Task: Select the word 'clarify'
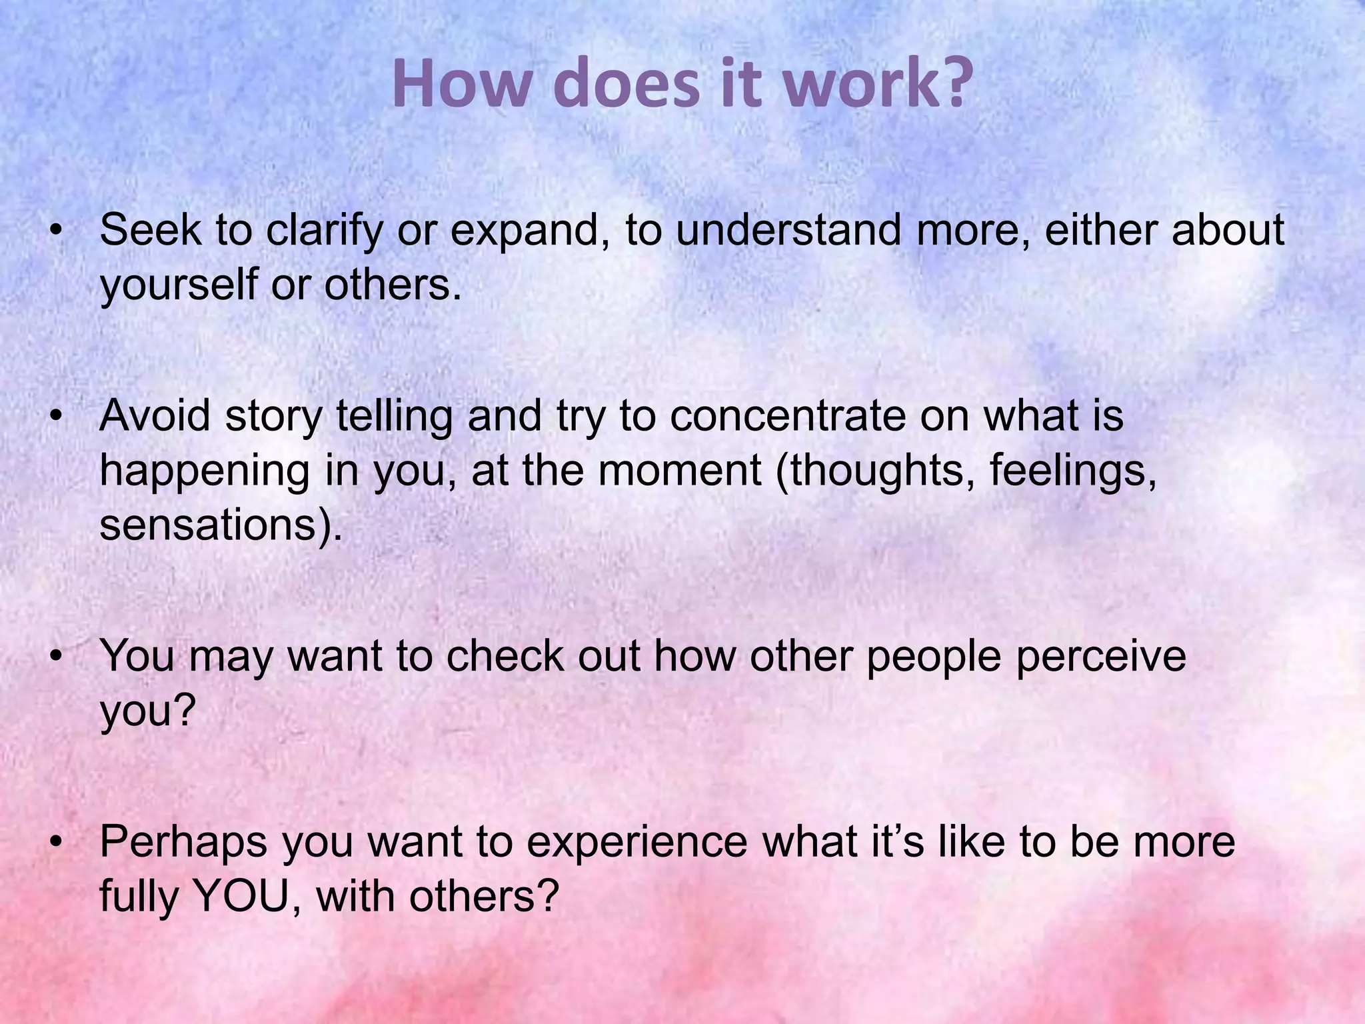[325, 231]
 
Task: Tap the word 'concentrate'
[788, 417]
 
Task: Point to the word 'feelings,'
[1073, 471]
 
